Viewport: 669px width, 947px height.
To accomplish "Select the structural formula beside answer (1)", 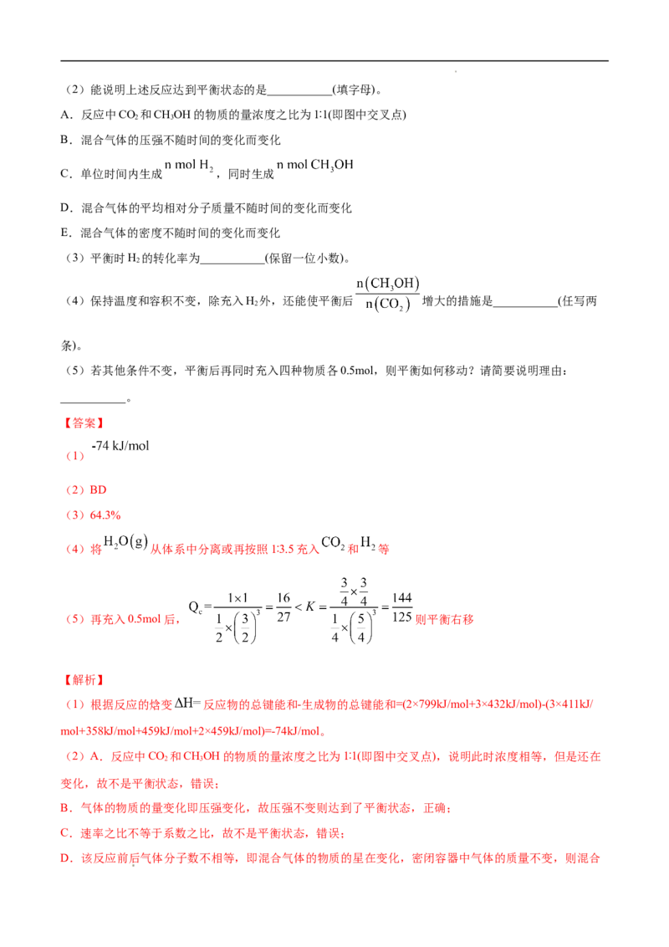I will tap(122, 446).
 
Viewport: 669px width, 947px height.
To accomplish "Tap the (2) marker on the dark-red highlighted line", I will tap(75, 490).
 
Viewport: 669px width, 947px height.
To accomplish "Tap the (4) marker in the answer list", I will tap(75, 550).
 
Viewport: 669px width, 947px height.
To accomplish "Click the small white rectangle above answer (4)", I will tap(240, 538).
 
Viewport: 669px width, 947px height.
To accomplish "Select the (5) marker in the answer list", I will tap(75, 620).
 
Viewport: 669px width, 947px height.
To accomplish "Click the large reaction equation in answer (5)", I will tap(301, 615).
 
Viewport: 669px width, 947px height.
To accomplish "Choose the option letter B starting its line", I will tap(64, 809).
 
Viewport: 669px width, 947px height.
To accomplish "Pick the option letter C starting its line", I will tap(64, 834).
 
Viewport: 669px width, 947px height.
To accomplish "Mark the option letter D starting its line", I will tap(64, 858).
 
